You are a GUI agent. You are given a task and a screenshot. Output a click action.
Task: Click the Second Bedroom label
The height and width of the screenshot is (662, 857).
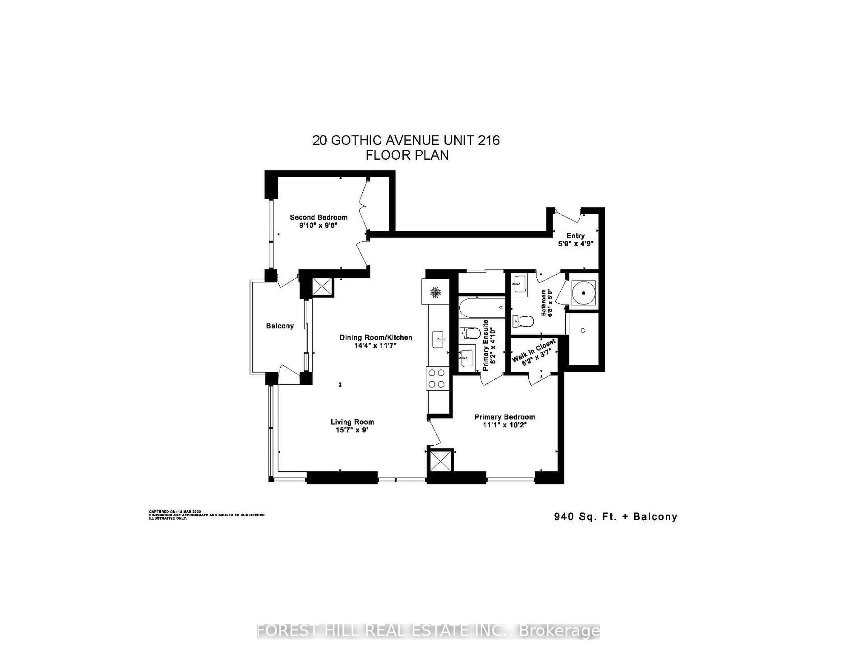318,217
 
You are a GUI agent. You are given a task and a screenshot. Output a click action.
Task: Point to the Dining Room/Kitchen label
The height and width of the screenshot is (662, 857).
376,337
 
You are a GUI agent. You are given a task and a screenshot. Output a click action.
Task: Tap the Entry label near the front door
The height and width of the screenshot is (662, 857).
575,235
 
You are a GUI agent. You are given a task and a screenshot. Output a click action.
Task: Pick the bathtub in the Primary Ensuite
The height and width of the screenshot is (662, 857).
481,308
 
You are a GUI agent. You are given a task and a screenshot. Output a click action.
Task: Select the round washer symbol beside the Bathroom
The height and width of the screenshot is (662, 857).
584,293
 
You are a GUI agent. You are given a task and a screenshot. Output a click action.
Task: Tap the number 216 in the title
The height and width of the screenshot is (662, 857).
489,140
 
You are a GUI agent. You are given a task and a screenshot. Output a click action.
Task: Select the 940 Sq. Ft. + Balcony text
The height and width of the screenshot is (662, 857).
615,517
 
